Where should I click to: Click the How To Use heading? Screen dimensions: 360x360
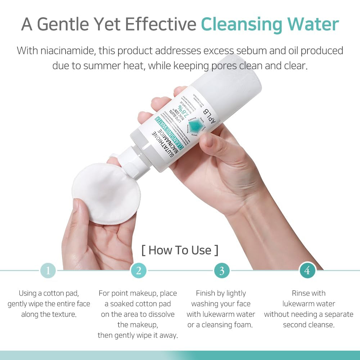(x=180, y=250)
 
